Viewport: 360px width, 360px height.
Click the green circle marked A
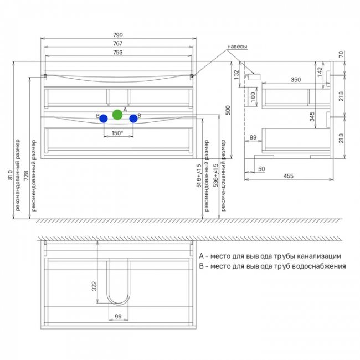tap(117, 115)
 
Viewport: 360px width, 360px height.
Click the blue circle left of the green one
tap(104, 119)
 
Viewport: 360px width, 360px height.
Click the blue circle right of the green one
tap(133, 119)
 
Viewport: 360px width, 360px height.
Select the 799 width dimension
tap(118, 35)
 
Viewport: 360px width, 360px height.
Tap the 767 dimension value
tap(117, 43)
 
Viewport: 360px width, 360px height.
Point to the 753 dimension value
tap(118, 53)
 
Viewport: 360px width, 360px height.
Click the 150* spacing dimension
tap(117, 133)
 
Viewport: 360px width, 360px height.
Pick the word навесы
tap(238, 47)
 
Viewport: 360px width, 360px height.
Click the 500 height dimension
tap(228, 110)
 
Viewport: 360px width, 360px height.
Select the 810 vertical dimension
tap(10, 174)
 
